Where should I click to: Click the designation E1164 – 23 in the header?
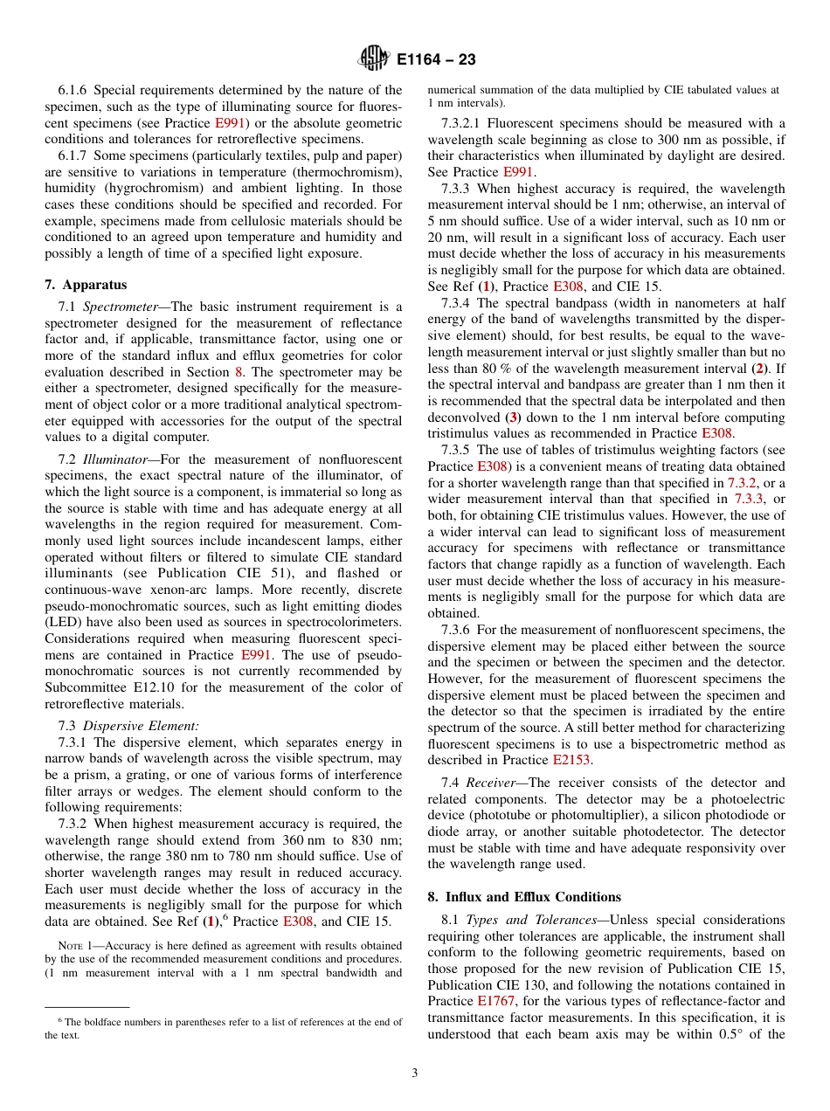(436, 60)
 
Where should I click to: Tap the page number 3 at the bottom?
(415, 1073)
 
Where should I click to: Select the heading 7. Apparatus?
(85, 285)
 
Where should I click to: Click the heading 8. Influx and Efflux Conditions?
(524, 897)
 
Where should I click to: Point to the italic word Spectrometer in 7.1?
(122, 307)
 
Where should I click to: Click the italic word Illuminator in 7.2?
(121, 459)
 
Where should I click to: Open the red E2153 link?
(571, 760)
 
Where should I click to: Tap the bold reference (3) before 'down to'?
(517, 417)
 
